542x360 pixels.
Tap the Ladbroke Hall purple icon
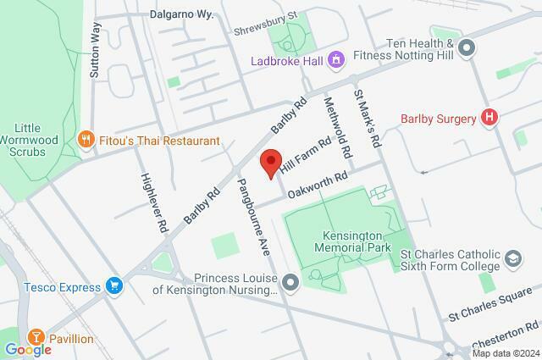click(x=336, y=60)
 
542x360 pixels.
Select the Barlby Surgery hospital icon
click(x=488, y=118)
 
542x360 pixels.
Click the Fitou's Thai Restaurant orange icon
click(x=85, y=140)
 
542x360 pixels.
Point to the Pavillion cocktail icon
click(x=36, y=339)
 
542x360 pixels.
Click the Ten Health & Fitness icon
click(x=466, y=52)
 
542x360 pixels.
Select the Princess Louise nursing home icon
click(x=291, y=283)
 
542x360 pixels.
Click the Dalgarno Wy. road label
click(x=184, y=14)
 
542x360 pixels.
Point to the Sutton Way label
click(x=95, y=52)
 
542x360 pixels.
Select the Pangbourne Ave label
click(x=252, y=217)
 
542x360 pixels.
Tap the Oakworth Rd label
click(x=318, y=182)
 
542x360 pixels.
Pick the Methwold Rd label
click(x=338, y=128)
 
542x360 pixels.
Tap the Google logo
click(x=28, y=349)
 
